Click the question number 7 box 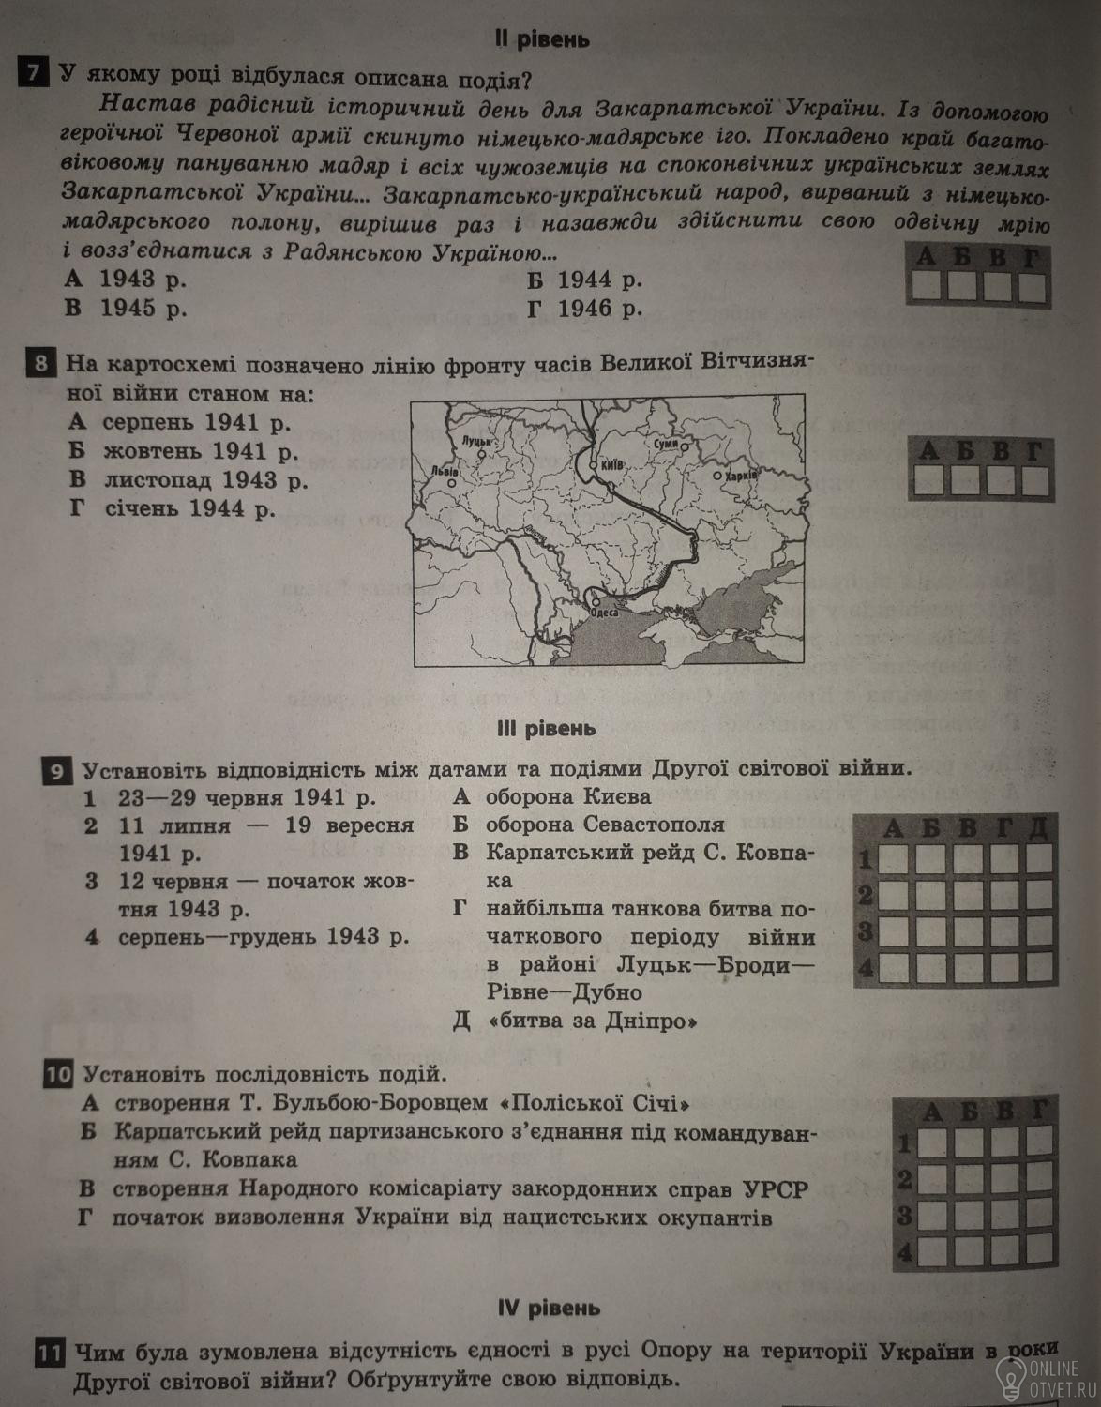[x=34, y=72]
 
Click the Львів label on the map [x=444, y=470]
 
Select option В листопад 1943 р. [x=188, y=479]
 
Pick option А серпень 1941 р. [x=180, y=422]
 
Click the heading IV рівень [x=550, y=1307]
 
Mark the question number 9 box [x=57, y=771]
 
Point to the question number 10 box [x=59, y=1074]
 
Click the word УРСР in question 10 [x=776, y=1188]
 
